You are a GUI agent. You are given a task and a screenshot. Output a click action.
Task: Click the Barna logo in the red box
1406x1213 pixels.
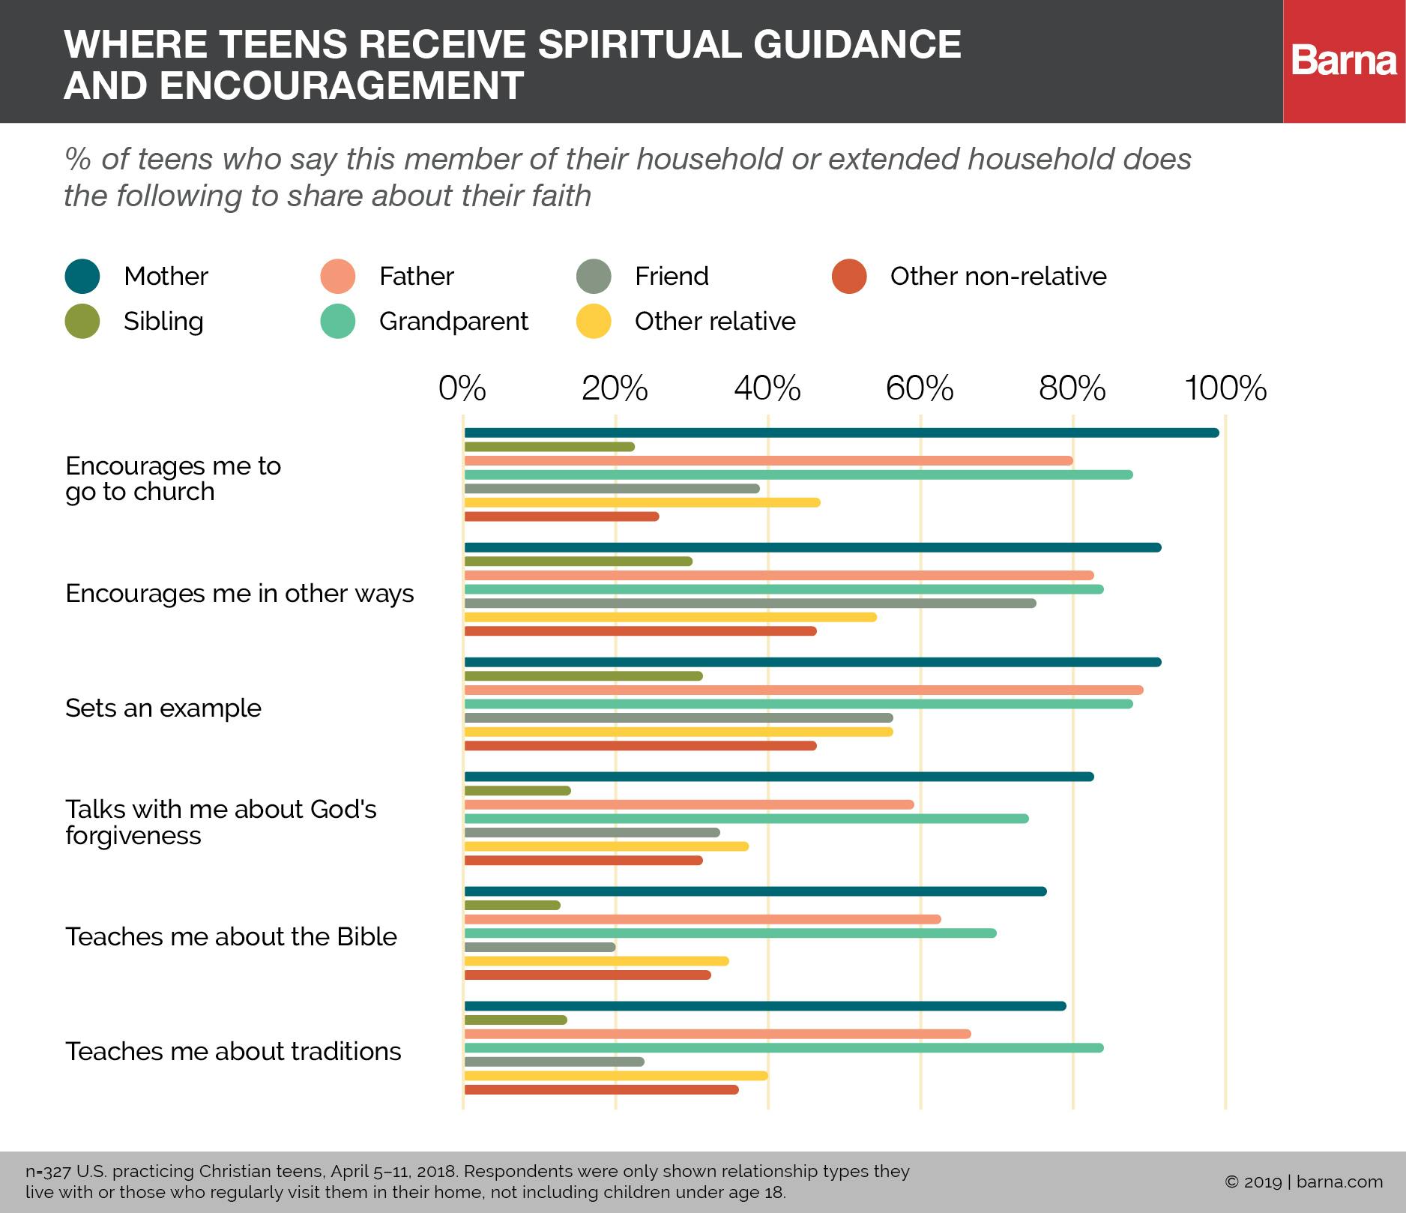[x=1344, y=61]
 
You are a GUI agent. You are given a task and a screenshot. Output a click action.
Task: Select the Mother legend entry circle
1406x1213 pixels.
[x=82, y=276]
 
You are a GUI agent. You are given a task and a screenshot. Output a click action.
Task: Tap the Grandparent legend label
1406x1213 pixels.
[x=453, y=322]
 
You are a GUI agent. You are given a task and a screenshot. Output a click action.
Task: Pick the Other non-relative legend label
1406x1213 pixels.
[x=998, y=277]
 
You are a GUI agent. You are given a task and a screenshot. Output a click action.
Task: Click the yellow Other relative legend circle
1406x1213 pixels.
[x=594, y=322]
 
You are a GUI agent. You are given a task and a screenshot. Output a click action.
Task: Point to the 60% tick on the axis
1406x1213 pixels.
[x=920, y=389]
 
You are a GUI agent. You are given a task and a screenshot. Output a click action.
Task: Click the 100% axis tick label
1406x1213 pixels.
[x=1225, y=389]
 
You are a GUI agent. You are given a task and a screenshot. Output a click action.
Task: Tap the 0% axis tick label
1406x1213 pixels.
[x=462, y=389]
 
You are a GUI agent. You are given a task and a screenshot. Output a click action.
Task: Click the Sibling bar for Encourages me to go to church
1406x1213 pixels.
[x=549, y=447]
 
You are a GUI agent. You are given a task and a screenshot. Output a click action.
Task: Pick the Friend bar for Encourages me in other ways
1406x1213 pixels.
[x=749, y=604]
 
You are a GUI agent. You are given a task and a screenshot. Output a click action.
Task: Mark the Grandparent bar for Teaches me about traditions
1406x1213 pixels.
[x=783, y=1048]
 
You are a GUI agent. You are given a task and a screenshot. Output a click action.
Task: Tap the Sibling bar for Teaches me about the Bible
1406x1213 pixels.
[x=512, y=905]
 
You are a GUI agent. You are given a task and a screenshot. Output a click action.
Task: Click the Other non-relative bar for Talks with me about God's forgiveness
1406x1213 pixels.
[x=583, y=861]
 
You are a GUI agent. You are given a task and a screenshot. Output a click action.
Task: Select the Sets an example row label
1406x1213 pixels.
[x=163, y=708]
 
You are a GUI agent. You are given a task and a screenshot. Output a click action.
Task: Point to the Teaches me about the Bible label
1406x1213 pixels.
[x=231, y=937]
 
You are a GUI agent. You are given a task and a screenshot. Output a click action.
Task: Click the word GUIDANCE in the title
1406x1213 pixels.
[x=857, y=44]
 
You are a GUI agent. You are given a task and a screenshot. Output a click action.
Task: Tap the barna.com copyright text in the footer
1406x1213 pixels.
[x=1303, y=1182]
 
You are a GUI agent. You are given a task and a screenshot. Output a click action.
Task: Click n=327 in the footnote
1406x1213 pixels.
[x=47, y=1172]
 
